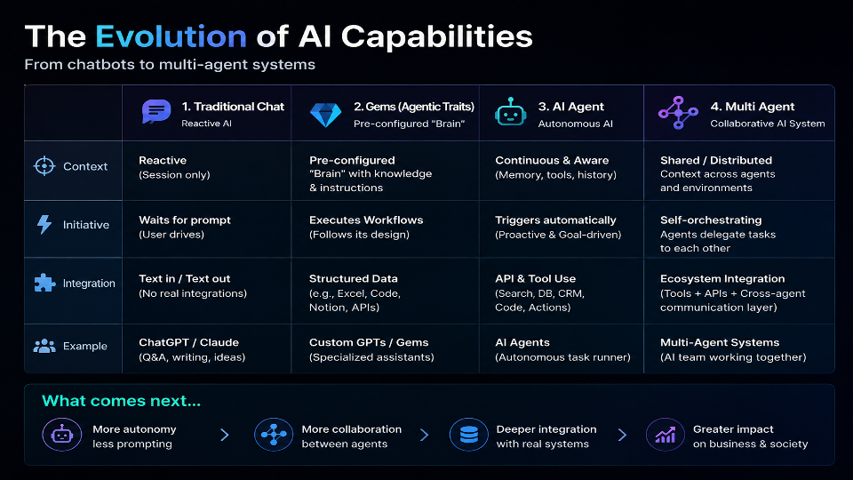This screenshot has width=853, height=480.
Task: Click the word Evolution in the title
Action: pyautogui.click(x=171, y=36)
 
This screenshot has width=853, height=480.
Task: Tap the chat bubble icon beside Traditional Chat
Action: pyautogui.click(x=156, y=112)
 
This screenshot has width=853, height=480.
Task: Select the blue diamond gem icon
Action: pyautogui.click(x=325, y=115)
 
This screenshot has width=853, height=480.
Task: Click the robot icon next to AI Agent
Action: pyautogui.click(x=510, y=112)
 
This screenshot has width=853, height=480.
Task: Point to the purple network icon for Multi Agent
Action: pyautogui.click(x=678, y=113)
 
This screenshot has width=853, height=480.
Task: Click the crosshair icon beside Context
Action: pyautogui.click(x=44, y=166)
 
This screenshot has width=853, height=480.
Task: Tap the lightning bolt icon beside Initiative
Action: pyautogui.click(x=44, y=224)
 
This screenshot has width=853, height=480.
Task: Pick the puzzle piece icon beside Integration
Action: pyautogui.click(x=44, y=283)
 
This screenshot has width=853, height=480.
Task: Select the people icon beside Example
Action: pyautogui.click(x=44, y=346)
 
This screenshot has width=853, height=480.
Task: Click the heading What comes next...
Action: pyautogui.click(x=122, y=401)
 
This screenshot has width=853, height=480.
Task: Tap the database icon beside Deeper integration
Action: pyautogui.click(x=468, y=435)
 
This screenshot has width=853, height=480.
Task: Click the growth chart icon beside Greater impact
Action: pyautogui.click(x=665, y=435)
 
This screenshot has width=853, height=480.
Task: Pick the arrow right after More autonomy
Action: pyautogui.click(x=225, y=435)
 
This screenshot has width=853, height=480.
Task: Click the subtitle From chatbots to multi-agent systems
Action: pyautogui.click(x=170, y=65)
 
